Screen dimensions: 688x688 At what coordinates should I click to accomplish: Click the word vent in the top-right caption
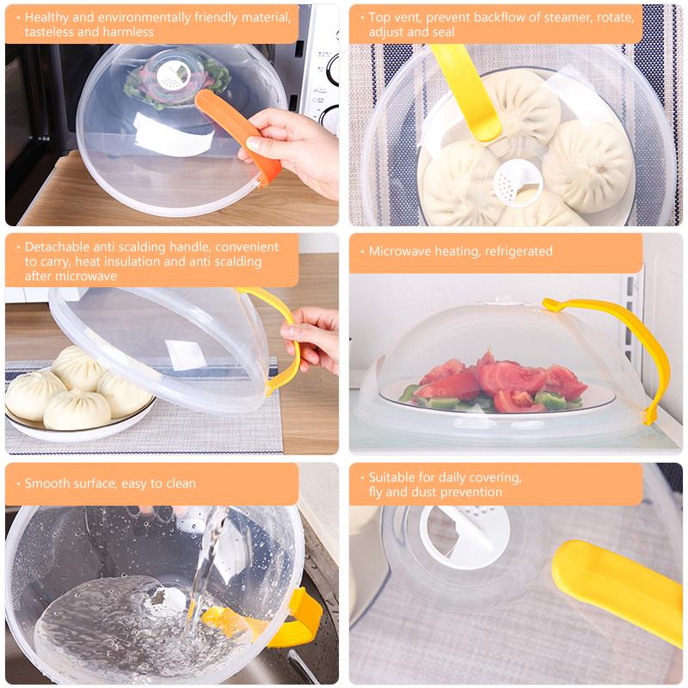coord(408,17)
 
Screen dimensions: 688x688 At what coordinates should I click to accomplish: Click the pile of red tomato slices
coord(501,380)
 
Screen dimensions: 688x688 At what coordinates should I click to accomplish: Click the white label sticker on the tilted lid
coord(184,354)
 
